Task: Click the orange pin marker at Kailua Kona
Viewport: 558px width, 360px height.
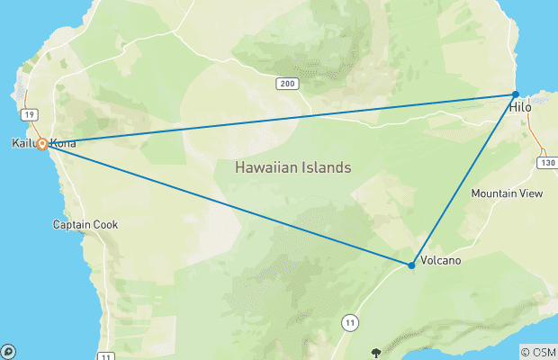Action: pos(42,144)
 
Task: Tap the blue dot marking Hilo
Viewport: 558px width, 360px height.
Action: pos(516,94)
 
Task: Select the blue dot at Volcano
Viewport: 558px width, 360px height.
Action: pos(411,265)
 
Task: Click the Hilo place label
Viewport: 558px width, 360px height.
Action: pos(521,108)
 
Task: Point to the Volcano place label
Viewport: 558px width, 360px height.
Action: pos(441,261)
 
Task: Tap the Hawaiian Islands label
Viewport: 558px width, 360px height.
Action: pos(292,167)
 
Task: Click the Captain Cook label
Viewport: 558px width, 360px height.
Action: pos(85,224)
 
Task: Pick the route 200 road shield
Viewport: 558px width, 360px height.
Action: pos(286,83)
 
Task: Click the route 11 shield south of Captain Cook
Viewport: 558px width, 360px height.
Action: pos(106,357)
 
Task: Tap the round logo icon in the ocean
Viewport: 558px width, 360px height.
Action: pos(7,352)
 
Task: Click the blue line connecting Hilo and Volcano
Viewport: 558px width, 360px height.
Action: pos(463,180)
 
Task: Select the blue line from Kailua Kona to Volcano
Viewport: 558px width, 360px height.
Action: pos(225,204)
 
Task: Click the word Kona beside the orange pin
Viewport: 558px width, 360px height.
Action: pos(63,144)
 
